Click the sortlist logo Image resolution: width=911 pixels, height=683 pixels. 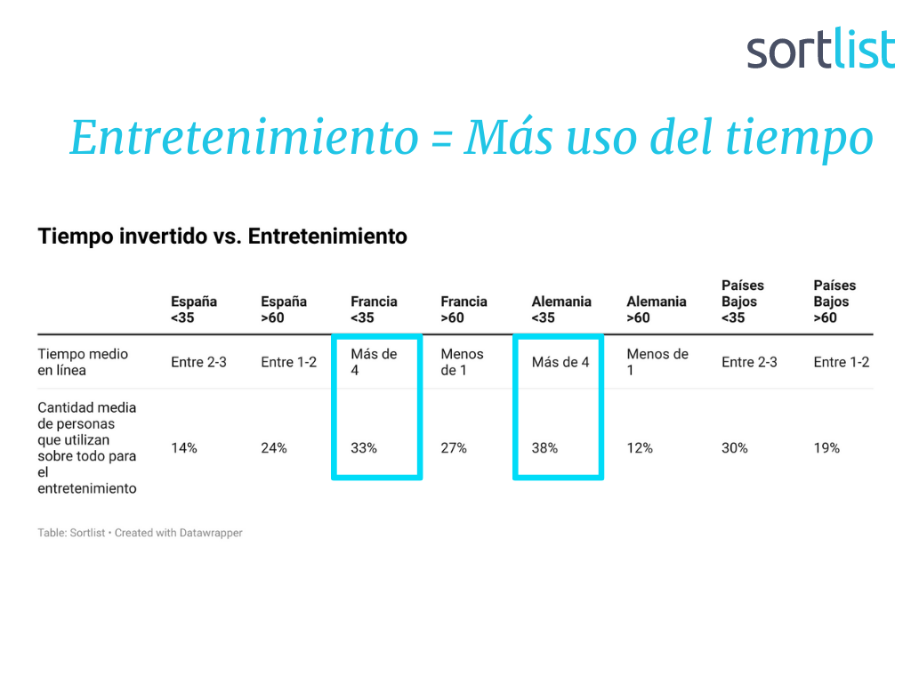pos(820,49)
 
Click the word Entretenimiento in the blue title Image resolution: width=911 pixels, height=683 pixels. pos(244,138)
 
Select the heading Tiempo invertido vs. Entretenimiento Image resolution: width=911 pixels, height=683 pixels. pos(222,237)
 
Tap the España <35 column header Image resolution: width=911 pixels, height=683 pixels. pos(194,309)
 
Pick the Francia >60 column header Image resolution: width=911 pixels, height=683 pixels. pos(464,309)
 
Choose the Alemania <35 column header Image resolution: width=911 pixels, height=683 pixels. pos(561,309)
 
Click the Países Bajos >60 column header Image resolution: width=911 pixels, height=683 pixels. pos(834,301)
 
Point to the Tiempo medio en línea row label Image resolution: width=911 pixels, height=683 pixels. pos(83,362)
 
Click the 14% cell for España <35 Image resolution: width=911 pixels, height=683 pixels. pos(184,448)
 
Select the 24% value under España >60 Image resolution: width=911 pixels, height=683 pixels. pos(274,448)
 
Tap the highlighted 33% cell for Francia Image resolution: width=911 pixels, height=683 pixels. pos(364,448)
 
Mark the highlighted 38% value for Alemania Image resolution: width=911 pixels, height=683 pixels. pos(544,448)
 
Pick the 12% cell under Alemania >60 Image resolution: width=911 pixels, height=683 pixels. pos(640,448)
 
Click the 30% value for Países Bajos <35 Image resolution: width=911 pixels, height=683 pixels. pos(734,448)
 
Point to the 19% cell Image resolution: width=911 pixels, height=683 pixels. pos(826,448)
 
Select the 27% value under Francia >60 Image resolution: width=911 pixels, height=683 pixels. pos(454,448)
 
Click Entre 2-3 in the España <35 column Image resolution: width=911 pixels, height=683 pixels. pos(198,363)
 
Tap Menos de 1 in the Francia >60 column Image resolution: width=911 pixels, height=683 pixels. pos(462,362)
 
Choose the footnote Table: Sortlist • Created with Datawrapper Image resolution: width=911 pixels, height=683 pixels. pos(140,533)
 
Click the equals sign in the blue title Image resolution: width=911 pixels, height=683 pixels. pos(441,140)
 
